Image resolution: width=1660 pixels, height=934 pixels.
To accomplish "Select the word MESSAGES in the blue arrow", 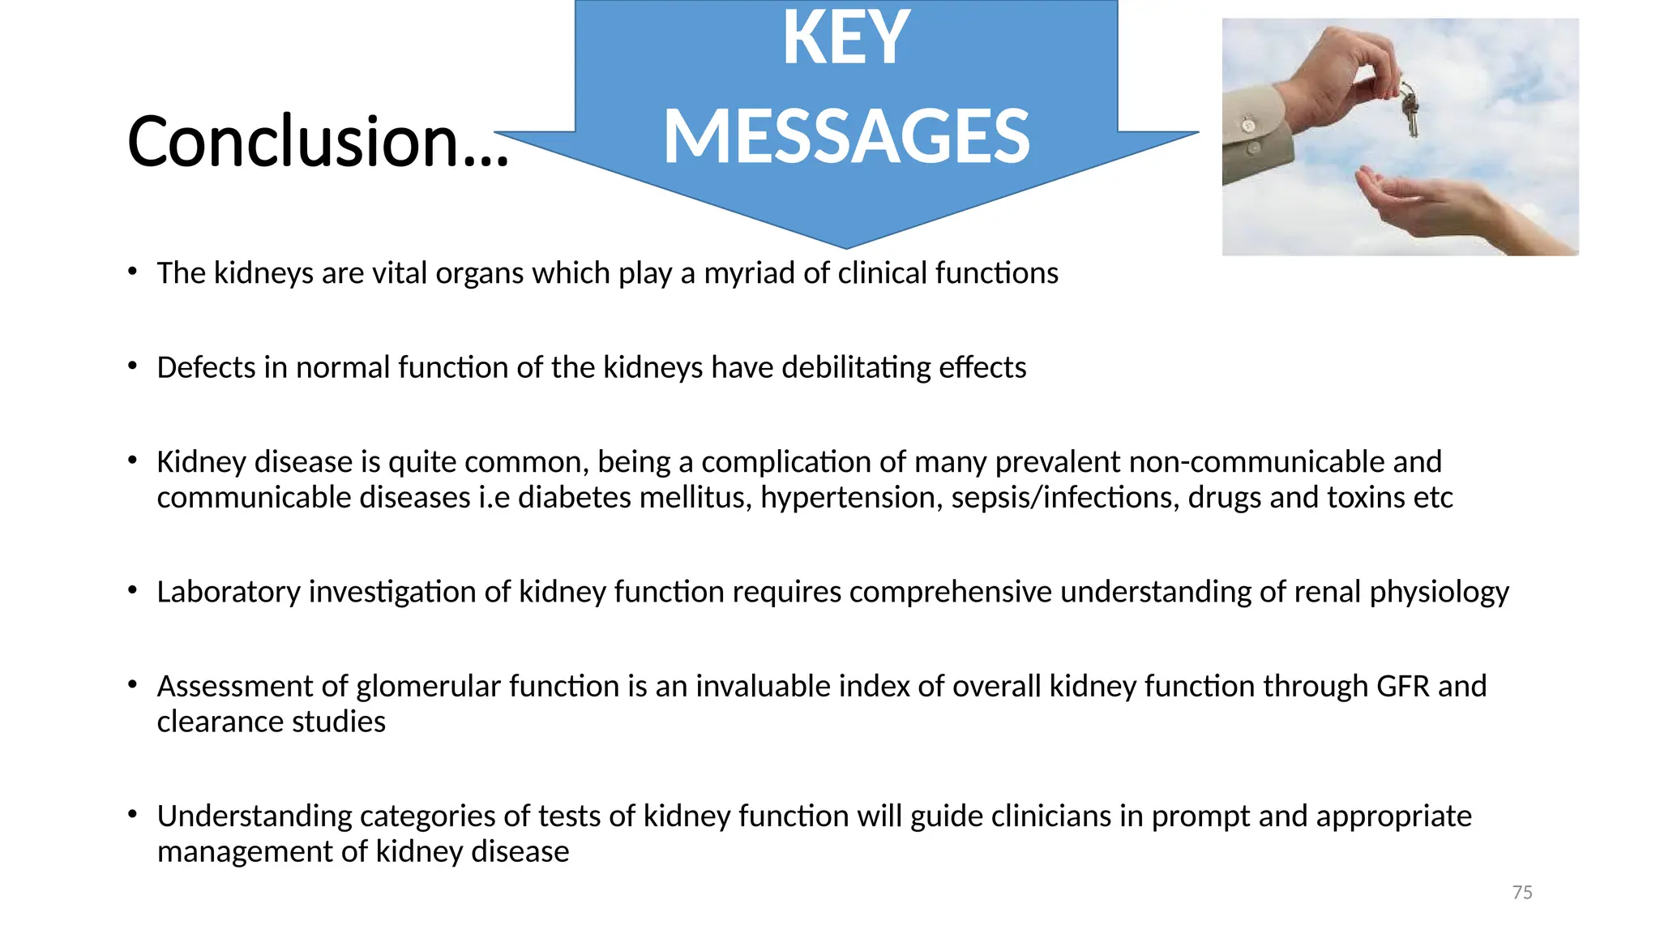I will (846, 136).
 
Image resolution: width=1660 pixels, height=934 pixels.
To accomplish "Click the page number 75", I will (1522, 893).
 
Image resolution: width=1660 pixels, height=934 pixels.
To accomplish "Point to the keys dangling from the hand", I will (1410, 109).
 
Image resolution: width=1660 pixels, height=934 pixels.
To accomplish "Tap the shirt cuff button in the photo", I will (1248, 125).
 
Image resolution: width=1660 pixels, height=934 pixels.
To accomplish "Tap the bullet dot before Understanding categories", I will (132, 814).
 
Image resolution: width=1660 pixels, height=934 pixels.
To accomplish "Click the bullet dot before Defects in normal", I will (132, 366).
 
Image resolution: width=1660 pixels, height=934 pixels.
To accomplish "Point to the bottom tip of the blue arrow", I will (846, 246).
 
